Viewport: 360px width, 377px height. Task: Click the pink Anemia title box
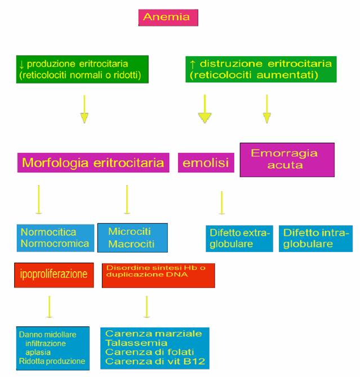168,17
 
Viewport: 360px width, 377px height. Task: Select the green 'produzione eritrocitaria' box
82,69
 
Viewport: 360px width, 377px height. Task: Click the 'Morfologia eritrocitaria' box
93,163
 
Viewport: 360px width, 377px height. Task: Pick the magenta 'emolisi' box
206,164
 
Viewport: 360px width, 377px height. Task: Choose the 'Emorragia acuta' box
287,159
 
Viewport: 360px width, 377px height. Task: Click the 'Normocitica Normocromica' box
55,238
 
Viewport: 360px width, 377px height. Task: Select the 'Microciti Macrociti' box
132,238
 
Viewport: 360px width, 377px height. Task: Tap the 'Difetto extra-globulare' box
239,239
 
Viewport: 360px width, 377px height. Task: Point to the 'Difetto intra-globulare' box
315,239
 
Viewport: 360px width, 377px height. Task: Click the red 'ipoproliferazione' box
54,275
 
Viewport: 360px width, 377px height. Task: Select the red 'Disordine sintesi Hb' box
158,275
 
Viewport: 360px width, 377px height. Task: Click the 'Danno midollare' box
53,348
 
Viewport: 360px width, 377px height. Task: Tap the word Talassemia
136,343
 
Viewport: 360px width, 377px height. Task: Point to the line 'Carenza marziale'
153,333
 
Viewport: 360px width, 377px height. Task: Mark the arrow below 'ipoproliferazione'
49,308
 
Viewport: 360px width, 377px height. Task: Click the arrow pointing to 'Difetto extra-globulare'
221,203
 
